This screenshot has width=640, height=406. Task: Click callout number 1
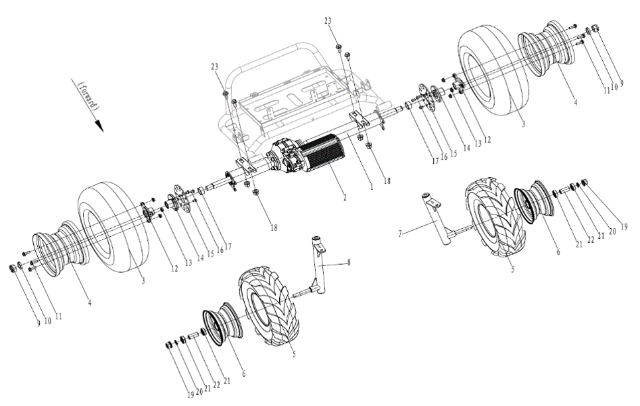tap(372, 187)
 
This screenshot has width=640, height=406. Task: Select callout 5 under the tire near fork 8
tap(294, 354)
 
